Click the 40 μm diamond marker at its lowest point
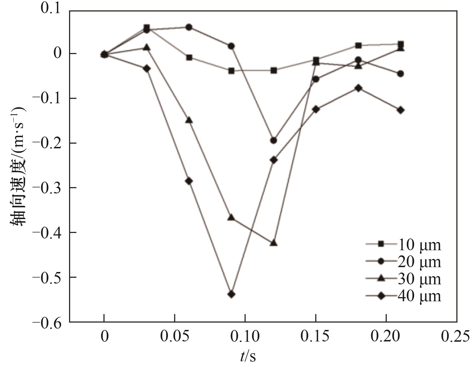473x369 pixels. (x=231, y=294)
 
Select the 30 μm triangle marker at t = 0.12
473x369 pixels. (x=274, y=243)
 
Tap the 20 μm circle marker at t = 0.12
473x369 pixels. (x=273, y=140)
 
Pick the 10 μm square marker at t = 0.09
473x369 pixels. (x=231, y=71)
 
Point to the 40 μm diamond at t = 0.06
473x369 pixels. (x=189, y=181)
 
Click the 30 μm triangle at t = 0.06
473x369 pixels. (x=189, y=120)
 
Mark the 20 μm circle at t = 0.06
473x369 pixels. (x=189, y=27)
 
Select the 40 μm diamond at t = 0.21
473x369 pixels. (x=400, y=110)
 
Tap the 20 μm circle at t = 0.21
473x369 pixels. (x=400, y=74)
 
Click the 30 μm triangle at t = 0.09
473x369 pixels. (x=231, y=218)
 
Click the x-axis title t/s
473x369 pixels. (x=248, y=356)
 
